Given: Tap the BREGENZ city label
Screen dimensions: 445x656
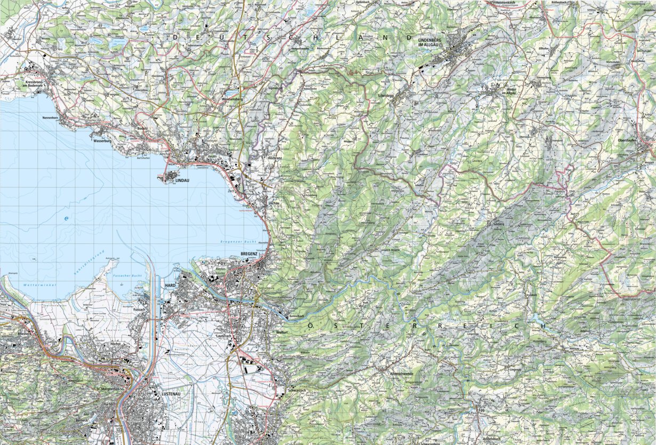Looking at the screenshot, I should click(x=249, y=253).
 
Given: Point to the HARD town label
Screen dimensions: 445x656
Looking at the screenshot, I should click(x=171, y=285).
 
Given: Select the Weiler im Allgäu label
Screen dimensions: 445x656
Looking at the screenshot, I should click(x=497, y=92).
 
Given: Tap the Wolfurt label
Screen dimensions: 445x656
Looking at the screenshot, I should click(x=282, y=332).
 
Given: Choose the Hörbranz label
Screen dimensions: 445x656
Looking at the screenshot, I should click(x=275, y=158).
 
